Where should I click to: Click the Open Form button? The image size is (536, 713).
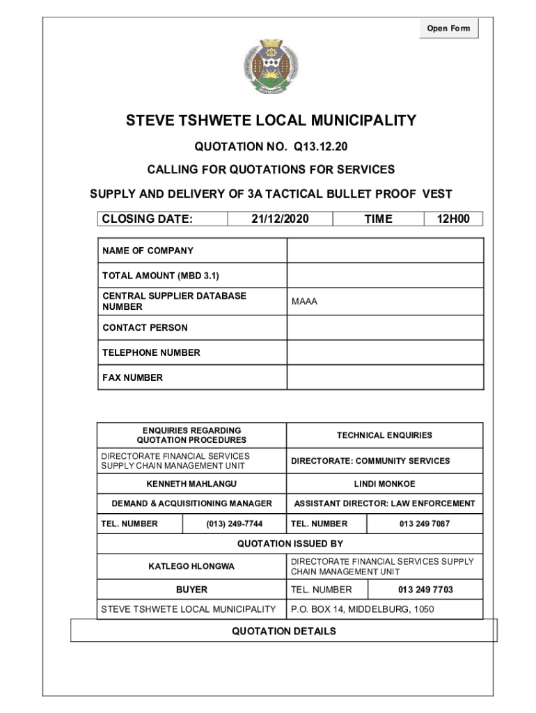[448, 29]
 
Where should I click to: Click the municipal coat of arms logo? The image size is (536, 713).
[268, 67]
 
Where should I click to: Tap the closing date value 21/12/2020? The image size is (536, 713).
[281, 219]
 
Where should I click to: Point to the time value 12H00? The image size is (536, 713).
[453, 219]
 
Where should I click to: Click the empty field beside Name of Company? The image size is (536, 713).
[385, 251]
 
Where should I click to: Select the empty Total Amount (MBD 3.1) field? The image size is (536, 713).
[385, 276]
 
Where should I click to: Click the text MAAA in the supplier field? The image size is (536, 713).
[304, 301]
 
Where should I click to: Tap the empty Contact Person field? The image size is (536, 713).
[385, 327]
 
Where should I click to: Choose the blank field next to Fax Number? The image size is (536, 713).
[385, 377]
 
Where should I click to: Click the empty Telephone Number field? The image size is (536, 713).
[385, 352]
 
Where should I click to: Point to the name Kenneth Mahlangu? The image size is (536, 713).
[191, 483]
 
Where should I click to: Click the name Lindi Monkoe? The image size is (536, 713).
[384, 483]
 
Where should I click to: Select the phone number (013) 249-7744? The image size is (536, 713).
[234, 524]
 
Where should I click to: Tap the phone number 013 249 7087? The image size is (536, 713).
[424, 524]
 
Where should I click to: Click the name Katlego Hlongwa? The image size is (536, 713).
[191, 567]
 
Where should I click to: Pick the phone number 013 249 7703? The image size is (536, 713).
[425, 590]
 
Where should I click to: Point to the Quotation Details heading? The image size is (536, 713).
[283, 632]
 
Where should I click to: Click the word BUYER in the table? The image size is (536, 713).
[191, 590]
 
